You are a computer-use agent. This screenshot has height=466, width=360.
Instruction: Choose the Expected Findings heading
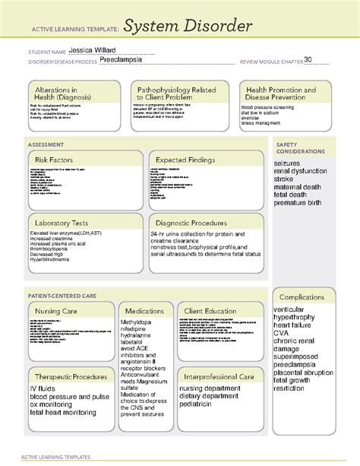(187, 160)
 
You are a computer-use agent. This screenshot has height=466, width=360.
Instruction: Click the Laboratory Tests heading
(63, 222)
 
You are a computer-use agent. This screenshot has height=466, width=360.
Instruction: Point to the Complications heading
(302, 296)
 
